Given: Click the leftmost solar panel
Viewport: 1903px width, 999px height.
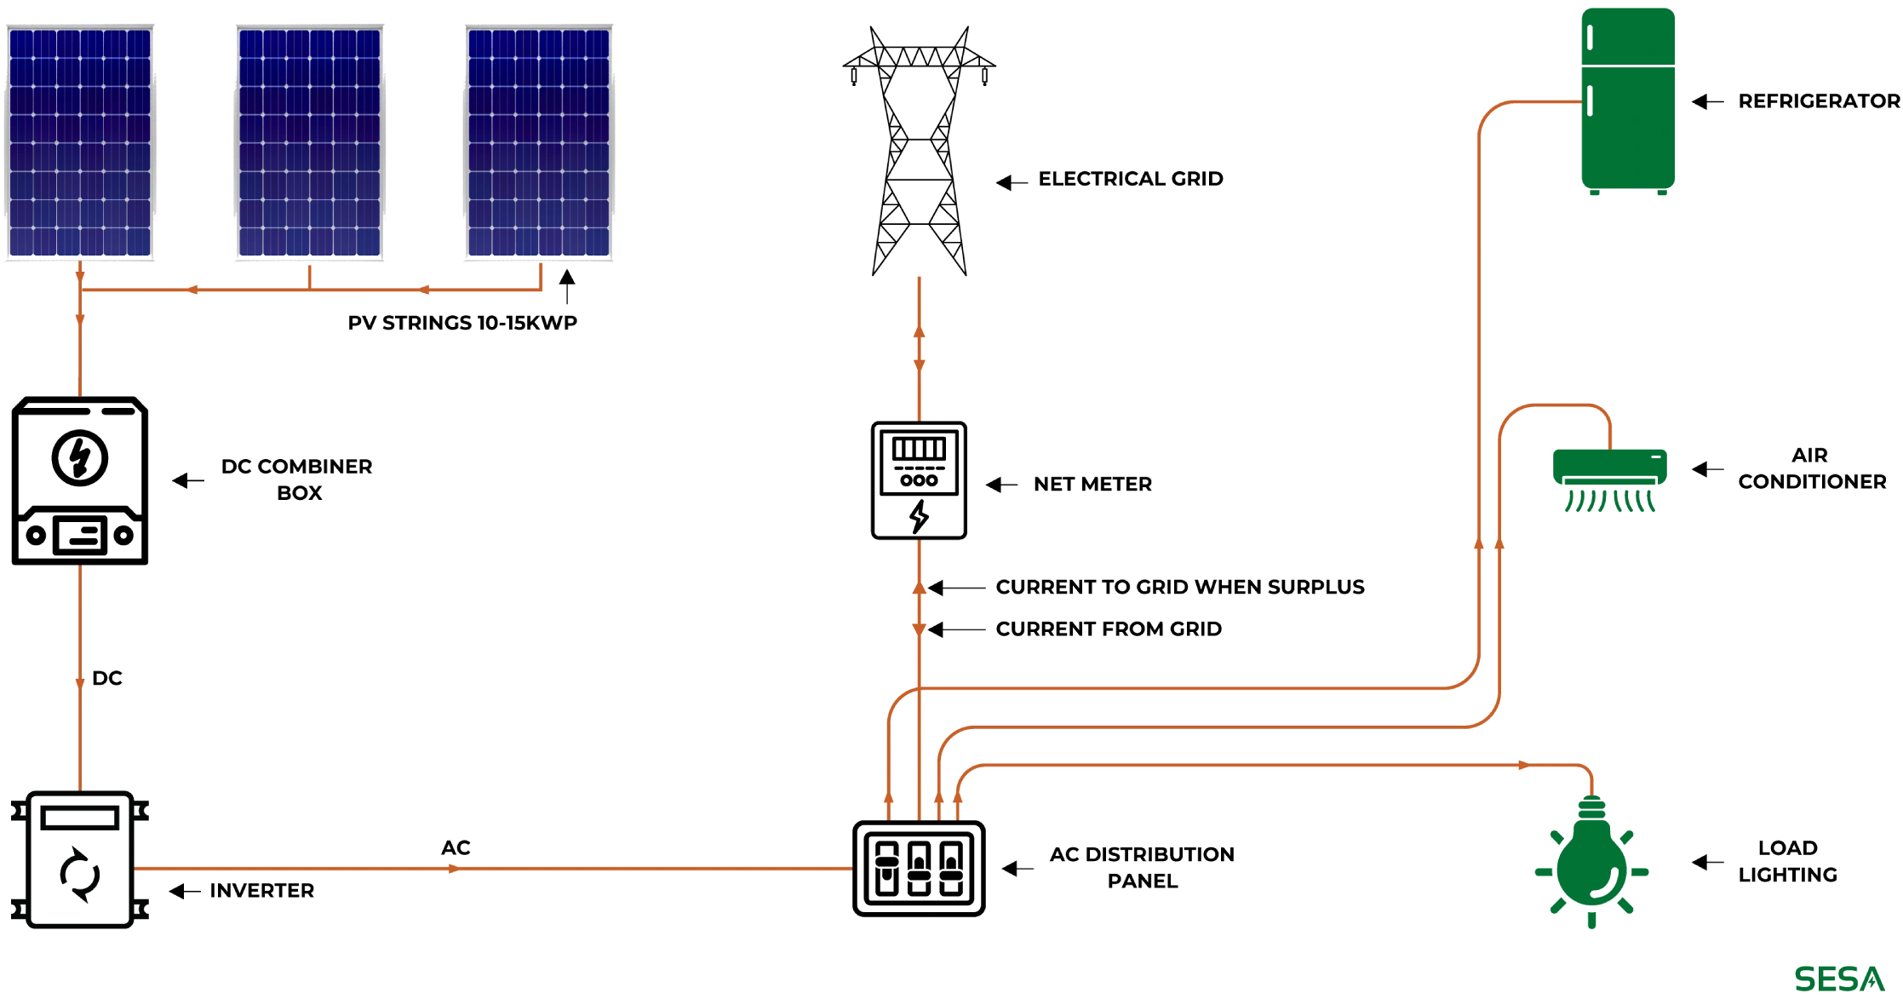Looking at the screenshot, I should pyautogui.click(x=79, y=143).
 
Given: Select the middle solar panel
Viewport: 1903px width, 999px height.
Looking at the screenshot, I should pyautogui.click(x=309, y=143).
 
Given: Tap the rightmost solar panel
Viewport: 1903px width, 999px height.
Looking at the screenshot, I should pyautogui.click(x=539, y=143).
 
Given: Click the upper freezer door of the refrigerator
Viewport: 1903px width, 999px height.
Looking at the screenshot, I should pyautogui.click(x=1628, y=36).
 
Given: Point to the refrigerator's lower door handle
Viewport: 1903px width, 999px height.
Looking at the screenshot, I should pyautogui.click(x=1591, y=103).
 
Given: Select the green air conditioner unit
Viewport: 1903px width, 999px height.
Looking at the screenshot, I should pyautogui.click(x=1610, y=466).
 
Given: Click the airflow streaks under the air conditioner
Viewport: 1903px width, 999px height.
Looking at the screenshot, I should pyautogui.click(x=1609, y=502).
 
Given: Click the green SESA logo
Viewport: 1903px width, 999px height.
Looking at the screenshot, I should pyautogui.click(x=1838, y=980).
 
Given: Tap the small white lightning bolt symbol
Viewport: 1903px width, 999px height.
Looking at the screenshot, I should pyautogui.click(x=920, y=516).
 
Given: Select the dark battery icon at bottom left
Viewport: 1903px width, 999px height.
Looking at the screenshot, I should pyautogui.click(x=78, y=864).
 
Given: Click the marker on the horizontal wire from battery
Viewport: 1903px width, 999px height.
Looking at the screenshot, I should pyautogui.click(x=450, y=870).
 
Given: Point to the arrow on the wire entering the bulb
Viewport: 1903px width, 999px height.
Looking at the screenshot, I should pyautogui.click(x=1521, y=766).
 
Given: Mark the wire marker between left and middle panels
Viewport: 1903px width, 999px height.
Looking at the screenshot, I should pyautogui.click(x=194, y=291).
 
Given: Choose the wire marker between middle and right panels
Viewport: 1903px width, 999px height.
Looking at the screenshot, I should pyautogui.click(x=425, y=291).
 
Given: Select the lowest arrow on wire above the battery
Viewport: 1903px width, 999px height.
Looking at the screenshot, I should pyautogui.click(x=80, y=683).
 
